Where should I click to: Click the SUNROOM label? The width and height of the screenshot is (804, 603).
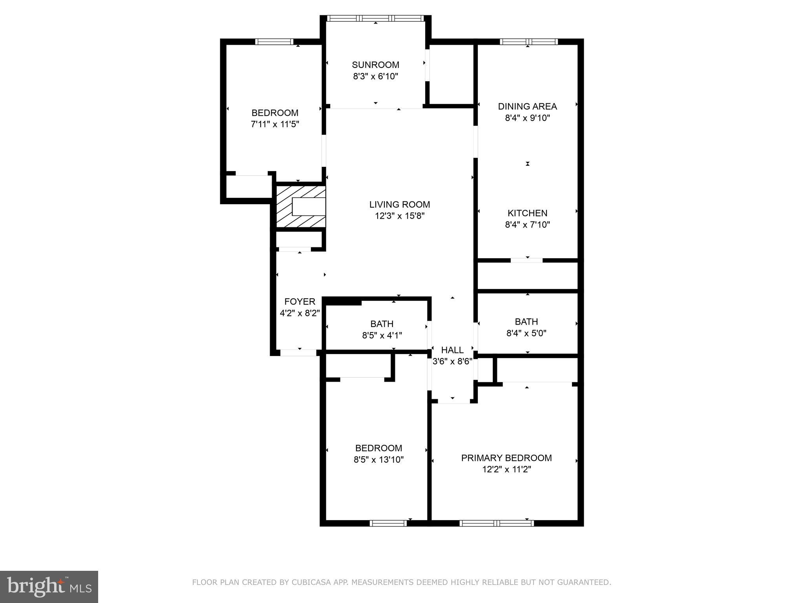point(375,65)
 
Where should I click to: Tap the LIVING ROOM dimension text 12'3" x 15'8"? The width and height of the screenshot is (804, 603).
point(400,216)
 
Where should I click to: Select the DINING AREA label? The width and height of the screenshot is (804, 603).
point(527,106)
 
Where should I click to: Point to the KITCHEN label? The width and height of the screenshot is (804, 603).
point(527,213)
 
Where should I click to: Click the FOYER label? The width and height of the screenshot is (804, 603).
point(300,301)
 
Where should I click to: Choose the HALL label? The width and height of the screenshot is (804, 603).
point(452,350)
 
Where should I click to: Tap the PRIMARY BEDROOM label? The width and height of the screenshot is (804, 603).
point(506,458)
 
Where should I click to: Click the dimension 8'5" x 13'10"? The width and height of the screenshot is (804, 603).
point(378,459)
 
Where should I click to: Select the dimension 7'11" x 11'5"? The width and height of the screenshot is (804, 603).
point(275,124)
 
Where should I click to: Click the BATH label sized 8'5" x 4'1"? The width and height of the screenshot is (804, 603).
point(382,324)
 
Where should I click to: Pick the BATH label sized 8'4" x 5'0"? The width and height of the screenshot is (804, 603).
point(526,322)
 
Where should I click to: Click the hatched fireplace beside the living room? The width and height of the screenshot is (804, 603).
point(301,206)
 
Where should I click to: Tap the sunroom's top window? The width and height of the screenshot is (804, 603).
point(375,18)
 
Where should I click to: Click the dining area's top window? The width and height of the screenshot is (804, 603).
point(528,42)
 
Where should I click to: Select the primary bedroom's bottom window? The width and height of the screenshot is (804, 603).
point(497,523)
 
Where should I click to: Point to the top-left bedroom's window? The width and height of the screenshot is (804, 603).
point(274,42)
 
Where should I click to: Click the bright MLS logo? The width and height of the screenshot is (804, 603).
point(49,587)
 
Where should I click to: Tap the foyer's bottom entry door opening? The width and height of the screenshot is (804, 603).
point(298,353)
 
